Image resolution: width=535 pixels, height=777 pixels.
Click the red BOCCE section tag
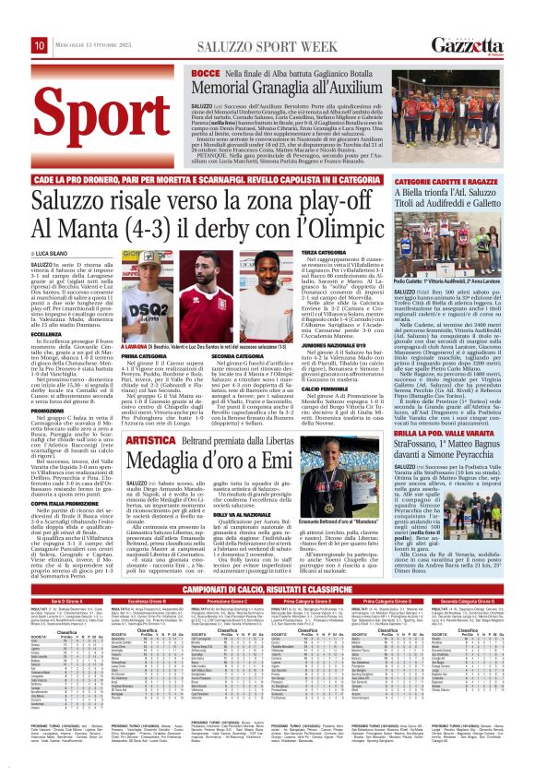pyautogui.click(x=206, y=72)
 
